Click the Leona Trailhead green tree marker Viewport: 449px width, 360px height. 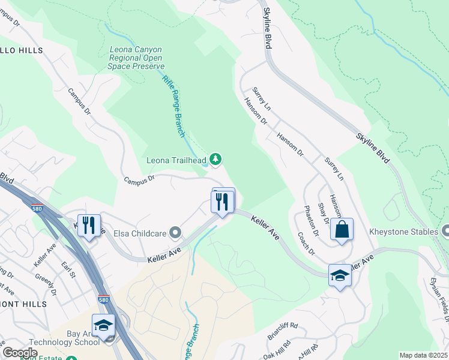coord(215,159)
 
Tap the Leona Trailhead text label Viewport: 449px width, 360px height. coord(176,160)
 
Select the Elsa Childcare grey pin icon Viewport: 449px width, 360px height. coord(175,232)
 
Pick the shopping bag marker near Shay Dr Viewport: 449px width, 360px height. coord(342,230)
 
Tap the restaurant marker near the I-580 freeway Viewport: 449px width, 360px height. coord(89,226)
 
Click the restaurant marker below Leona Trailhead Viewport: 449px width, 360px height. coord(223,202)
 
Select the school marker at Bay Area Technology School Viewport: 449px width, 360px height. coord(103,326)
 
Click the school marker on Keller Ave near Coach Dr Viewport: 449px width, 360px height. coord(340,276)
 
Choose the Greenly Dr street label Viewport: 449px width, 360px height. coord(45,281)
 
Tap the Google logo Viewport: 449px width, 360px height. coord(20,353)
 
